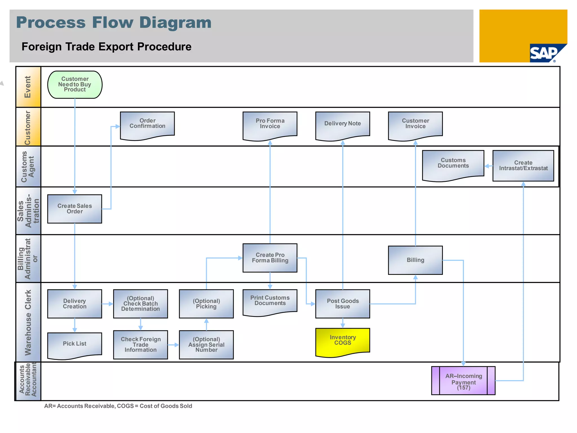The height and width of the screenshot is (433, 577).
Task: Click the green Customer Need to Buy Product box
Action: pyautogui.click(x=75, y=85)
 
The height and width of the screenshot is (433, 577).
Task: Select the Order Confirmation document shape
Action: pyautogui.click(x=147, y=124)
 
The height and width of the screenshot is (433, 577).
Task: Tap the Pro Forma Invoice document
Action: pyautogui.click(x=270, y=124)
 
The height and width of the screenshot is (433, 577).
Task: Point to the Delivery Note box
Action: pyautogui.click(x=343, y=124)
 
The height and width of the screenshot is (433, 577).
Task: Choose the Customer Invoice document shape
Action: pyautogui.click(x=415, y=124)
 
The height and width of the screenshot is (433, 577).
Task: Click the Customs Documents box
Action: pyautogui.click(x=453, y=164)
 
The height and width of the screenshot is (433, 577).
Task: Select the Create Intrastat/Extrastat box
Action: pyautogui.click(x=523, y=165)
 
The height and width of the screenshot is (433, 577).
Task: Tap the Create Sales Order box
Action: pyautogui.click(x=75, y=209)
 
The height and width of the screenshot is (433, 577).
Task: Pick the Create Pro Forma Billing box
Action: pyautogui.click(x=270, y=258)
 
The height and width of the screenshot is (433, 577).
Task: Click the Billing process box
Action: pyautogui.click(x=415, y=260)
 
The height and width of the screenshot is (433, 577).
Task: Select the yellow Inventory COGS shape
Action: pyautogui.click(x=343, y=341)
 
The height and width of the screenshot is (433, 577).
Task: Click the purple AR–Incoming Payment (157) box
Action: pyautogui.click(x=463, y=381)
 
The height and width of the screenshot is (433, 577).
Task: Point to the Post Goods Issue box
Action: pyautogui.click(x=343, y=304)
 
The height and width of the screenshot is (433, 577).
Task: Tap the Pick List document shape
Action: pyautogui.click(x=75, y=344)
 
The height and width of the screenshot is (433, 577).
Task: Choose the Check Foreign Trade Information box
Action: pyautogui.click(x=141, y=344)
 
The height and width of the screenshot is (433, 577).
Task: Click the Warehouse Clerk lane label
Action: pyautogui.click(x=28, y=322)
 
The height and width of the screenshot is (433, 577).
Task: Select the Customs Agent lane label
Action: pyautogui.click(x=28, y=166)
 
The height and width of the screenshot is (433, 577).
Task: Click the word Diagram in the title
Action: pyautogui.click(x=175, y=23)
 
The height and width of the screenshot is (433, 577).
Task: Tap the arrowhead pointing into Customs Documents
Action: pyautogui.click(x=487, y=166)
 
